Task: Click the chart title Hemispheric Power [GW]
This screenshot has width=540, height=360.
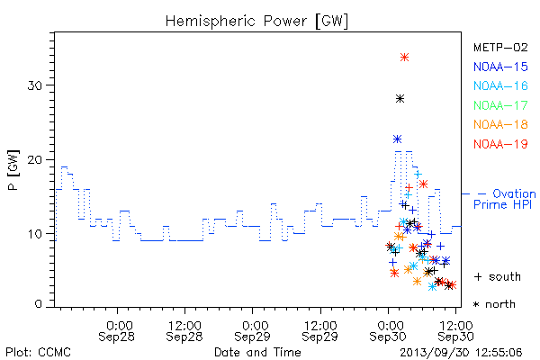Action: point(256,22)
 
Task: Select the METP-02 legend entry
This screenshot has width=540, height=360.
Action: point(500,48)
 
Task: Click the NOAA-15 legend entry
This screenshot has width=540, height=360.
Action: point(500,67)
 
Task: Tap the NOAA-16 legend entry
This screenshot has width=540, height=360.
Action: point(500,85)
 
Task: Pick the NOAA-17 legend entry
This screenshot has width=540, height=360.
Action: point(500,105)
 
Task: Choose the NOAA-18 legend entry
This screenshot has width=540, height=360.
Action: point(500,124)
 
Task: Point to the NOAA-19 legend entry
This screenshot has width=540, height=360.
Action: point(500,144)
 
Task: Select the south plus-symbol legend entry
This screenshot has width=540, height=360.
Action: point(498,276)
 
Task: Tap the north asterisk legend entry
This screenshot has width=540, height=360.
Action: point(494,304)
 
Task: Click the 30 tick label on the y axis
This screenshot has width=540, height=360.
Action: point(35,85)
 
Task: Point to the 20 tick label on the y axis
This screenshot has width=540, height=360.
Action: point(35,160)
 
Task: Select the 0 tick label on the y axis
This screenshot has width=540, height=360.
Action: point(39,304)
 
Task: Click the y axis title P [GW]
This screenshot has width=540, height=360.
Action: point(14,170)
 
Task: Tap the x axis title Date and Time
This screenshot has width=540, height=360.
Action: point(257,353)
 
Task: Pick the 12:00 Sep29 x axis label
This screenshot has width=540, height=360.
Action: point(320,331)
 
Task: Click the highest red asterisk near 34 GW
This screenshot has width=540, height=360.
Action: point(405,58)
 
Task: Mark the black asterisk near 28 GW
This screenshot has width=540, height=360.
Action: point(400,99)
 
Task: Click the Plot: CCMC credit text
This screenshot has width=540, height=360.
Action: point(38,353)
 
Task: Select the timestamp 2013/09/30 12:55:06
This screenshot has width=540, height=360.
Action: point(461,353)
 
